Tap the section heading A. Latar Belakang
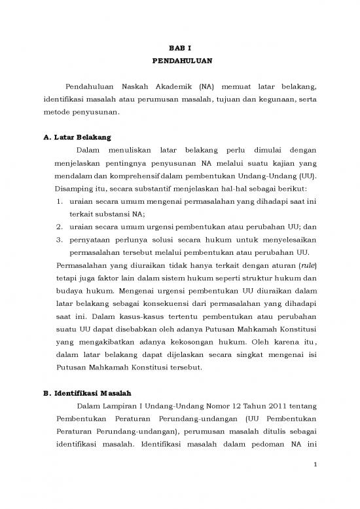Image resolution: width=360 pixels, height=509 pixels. pos(74,138)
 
